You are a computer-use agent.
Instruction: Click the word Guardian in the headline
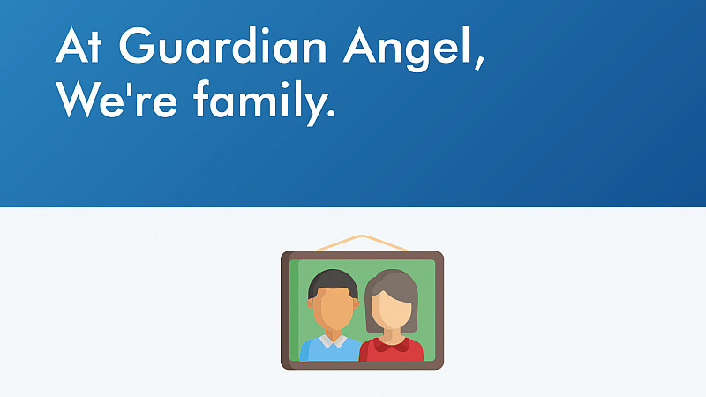point(223,46)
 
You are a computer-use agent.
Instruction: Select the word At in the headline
point(79,46)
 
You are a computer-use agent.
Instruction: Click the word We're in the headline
point(116,99)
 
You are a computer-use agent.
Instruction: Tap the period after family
point(332,114)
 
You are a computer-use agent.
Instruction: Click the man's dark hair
point(333,281)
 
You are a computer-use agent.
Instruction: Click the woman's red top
point(391,351)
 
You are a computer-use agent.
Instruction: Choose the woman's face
point(391,311)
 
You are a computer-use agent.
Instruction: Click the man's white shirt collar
point(334,341)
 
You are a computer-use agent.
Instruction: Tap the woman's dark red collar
point(391,344)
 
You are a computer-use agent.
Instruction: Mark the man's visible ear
point(310,303)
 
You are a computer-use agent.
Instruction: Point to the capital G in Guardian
point(136,46)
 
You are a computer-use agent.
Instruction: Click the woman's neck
point(391,335)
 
